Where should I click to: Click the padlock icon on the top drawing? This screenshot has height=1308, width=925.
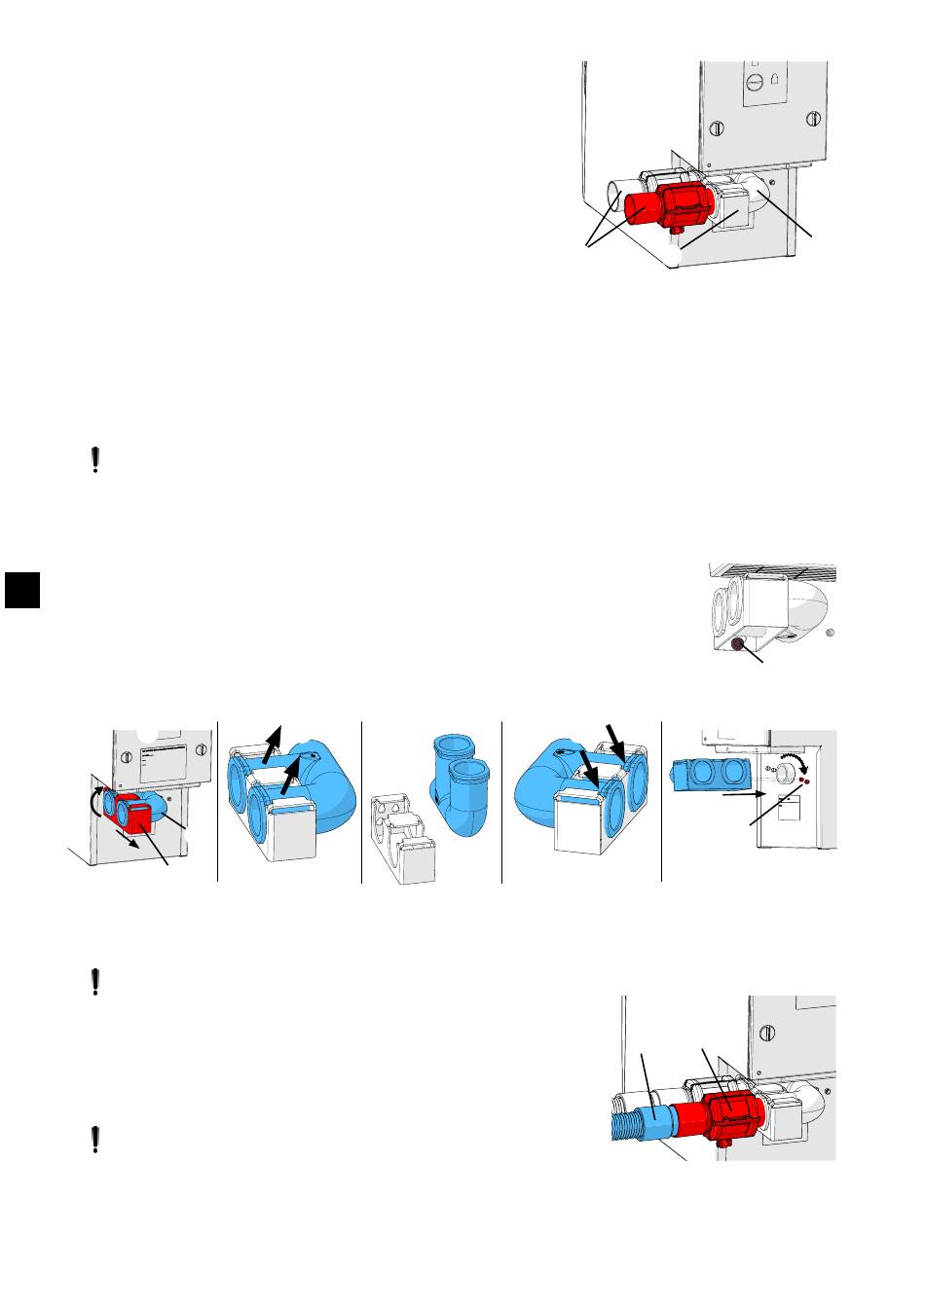775,82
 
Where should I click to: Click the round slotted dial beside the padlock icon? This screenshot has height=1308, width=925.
752,83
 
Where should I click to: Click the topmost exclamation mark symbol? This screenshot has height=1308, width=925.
94,460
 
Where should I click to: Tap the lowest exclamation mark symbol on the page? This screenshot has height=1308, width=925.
94,1140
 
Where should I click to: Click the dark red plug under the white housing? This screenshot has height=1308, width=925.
737,644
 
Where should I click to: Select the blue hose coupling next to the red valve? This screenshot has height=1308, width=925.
661,1124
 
